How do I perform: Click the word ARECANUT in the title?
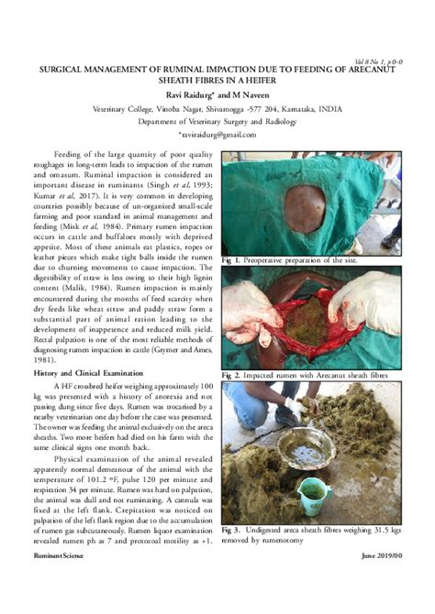tap(372, 68)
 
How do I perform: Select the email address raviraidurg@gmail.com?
tap(220, 135)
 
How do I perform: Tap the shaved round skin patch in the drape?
tap(304, 203)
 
